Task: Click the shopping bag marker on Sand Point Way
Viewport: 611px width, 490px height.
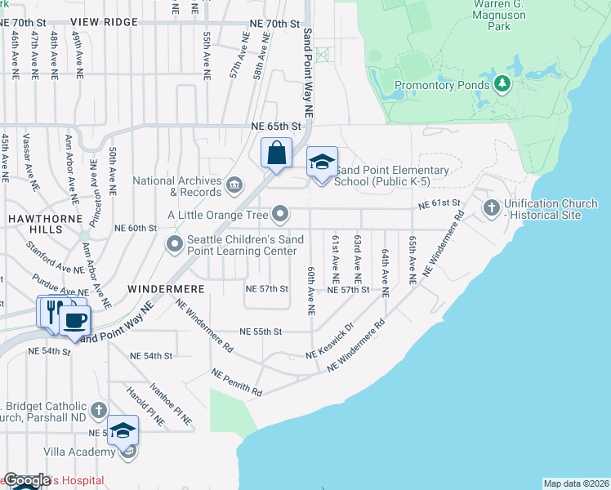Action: (276, 153)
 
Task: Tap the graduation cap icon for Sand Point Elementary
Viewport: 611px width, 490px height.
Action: (322, 162)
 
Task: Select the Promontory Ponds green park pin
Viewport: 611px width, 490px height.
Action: (503, 83)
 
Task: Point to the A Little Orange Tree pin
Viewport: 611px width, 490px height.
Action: (281, 215)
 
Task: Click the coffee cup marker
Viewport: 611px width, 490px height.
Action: (75, 319)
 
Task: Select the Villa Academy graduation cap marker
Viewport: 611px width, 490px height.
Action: (123, 430)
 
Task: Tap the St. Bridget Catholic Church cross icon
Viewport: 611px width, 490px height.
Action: (99, 410)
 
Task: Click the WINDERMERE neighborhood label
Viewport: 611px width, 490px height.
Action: (158, 289)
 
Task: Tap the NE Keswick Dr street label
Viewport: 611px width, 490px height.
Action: (330, 344)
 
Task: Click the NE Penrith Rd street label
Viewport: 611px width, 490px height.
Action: (236, 382)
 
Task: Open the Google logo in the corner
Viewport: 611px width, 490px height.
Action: (27, 480)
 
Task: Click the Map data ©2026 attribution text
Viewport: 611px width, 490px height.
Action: (575, 483)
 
